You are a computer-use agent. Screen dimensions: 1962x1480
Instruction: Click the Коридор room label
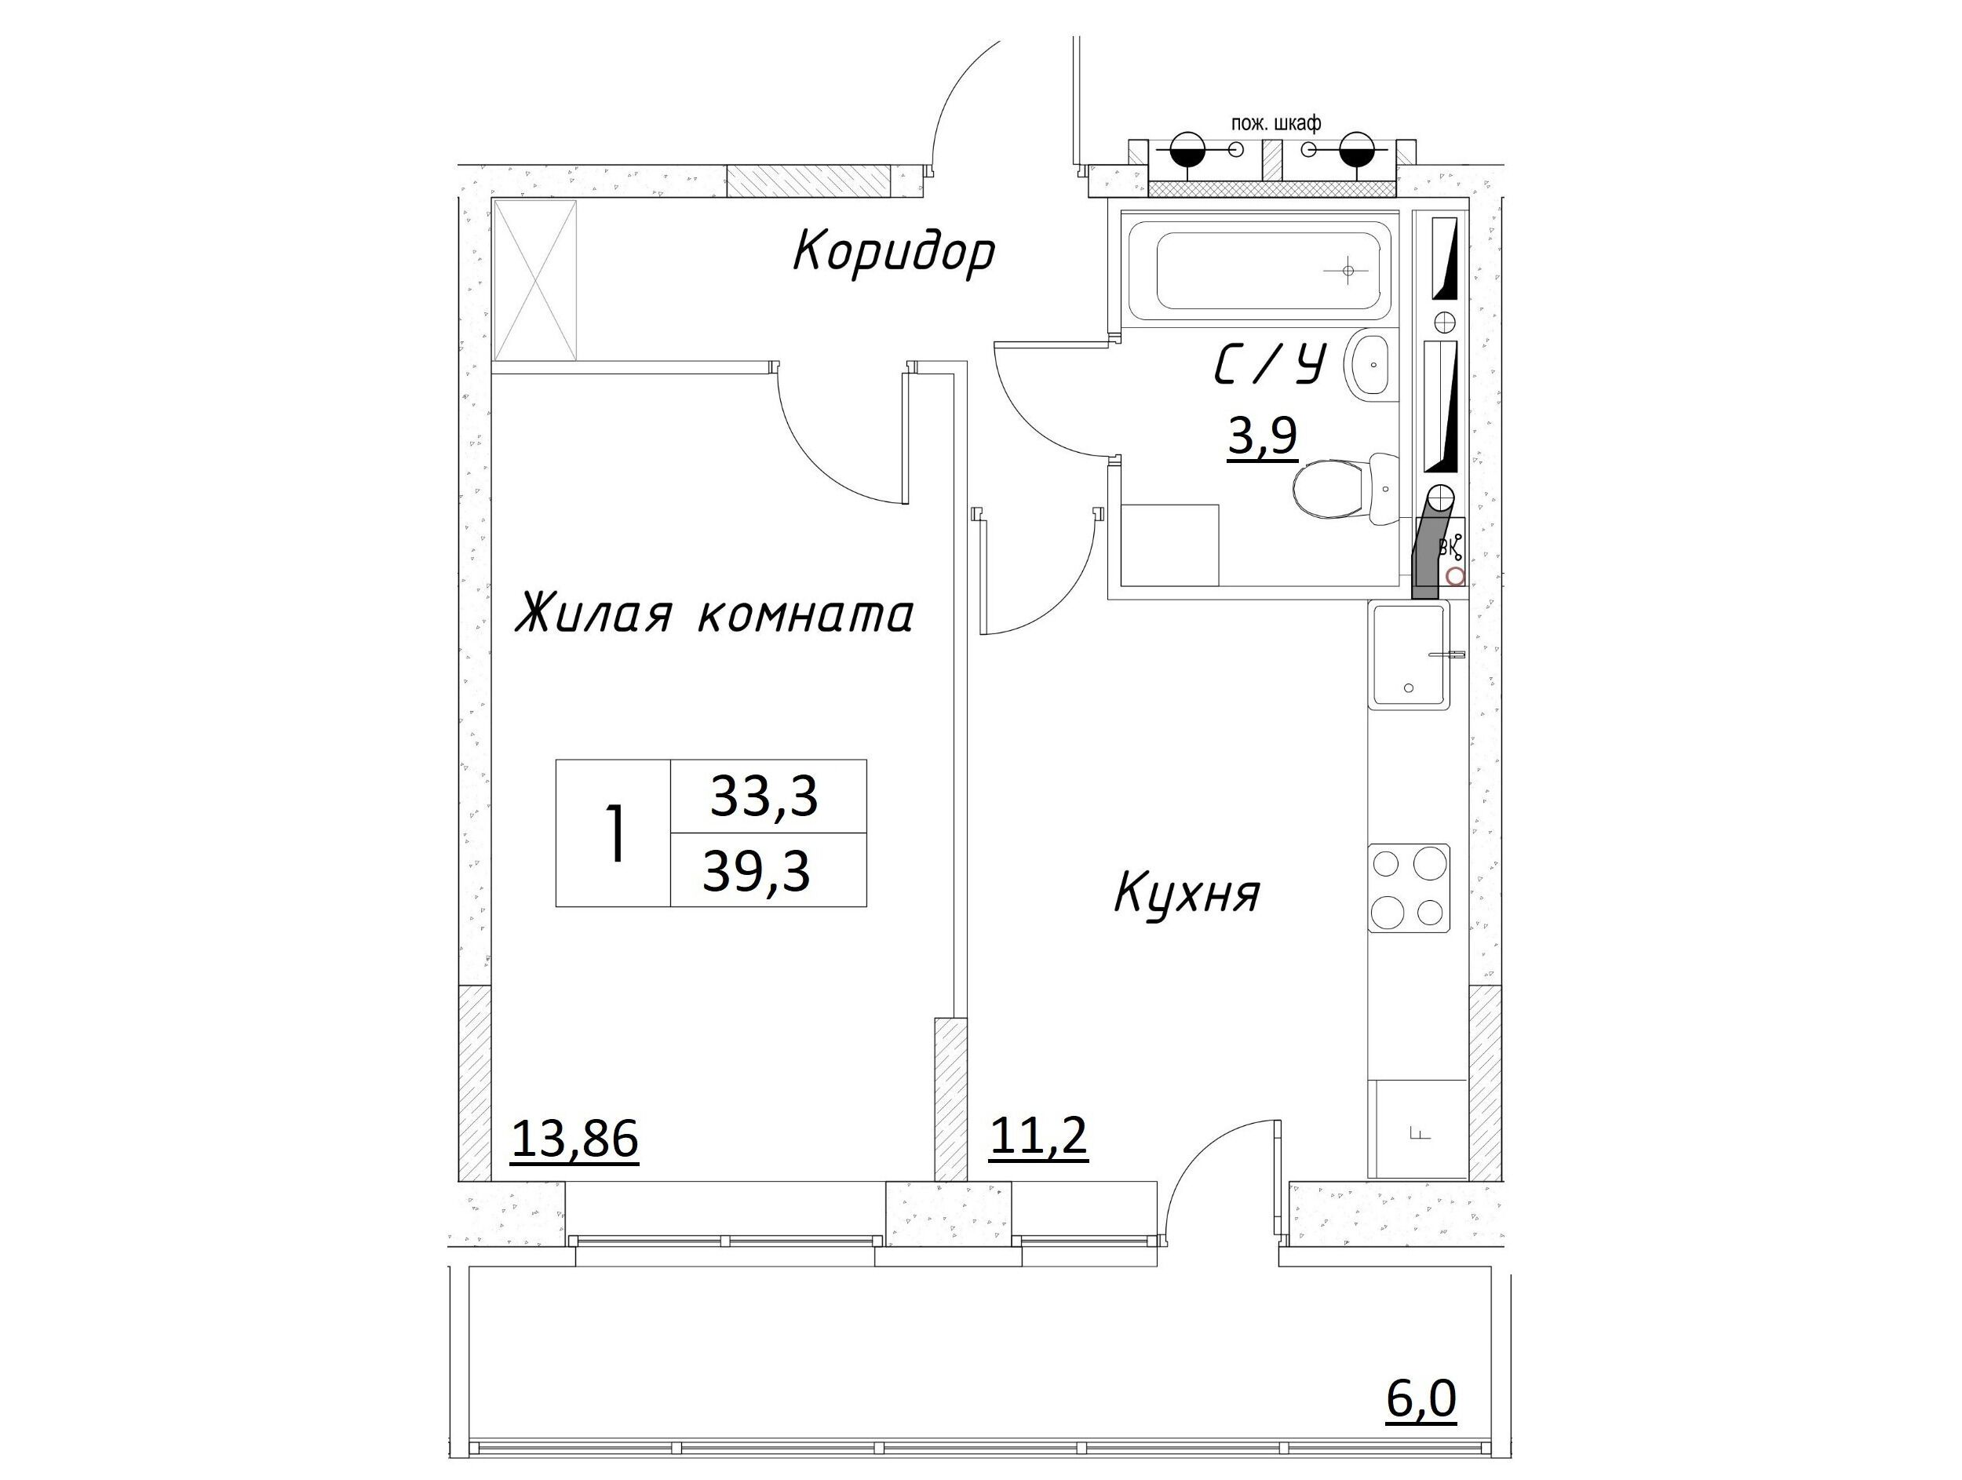coord(893,253)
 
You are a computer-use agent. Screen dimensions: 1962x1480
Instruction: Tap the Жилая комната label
coord(714,614)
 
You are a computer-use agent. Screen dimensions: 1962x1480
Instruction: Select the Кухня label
coord(1186,893)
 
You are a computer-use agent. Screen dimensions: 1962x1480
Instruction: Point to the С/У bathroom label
coord(1269,366)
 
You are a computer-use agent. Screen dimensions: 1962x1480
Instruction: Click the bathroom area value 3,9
coord(1263,437)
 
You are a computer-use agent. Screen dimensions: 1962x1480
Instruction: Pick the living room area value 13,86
coord(574,1139)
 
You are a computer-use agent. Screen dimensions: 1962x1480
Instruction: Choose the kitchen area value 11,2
coord(1038,1136)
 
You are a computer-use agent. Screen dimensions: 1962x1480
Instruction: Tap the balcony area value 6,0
coord(1421,1400)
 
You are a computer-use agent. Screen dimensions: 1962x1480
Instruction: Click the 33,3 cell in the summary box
coord(764,797)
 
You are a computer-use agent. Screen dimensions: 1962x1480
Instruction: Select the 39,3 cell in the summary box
coord(757,872)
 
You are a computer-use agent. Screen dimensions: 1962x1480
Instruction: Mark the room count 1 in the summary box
coord(614,833)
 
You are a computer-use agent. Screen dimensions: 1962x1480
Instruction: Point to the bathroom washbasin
coord(1372,364)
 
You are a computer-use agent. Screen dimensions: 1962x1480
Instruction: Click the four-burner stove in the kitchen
coord(1409,888)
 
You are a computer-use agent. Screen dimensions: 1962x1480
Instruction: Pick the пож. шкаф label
coord(1276,123)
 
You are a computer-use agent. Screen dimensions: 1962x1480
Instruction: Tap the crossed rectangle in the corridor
coord(535,280)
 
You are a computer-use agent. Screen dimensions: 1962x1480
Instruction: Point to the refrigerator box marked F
coord(1417,1128)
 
